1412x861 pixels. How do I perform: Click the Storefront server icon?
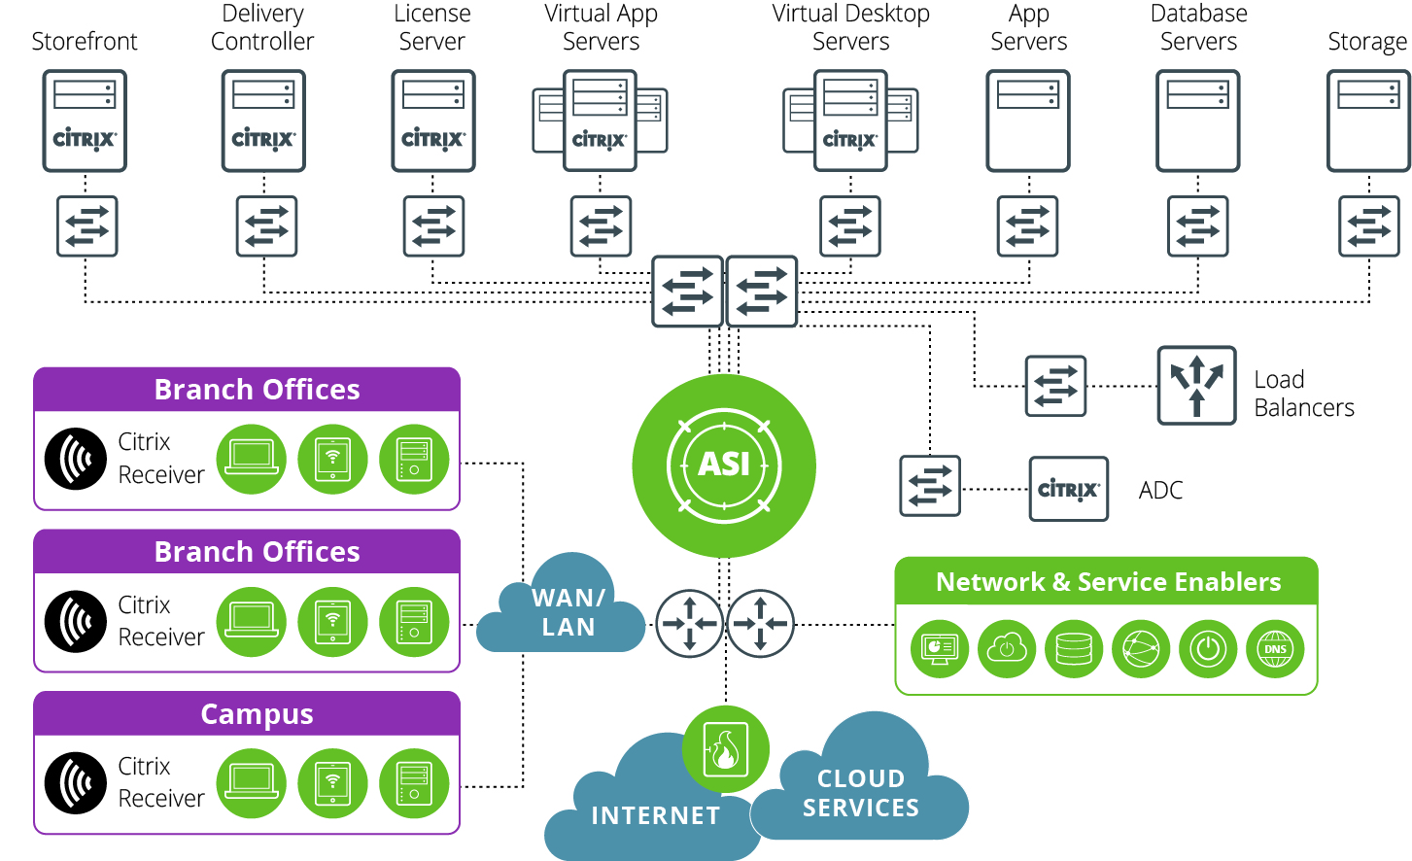click(x=85, y=121)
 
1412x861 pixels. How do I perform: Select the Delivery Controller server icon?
click(x=263, y=121)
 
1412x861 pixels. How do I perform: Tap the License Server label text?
click(x=431, y=27)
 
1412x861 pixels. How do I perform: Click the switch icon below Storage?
click(x=1368, y=226)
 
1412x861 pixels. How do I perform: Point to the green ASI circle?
click(x=724, y=465)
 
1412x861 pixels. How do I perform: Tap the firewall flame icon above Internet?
click(x=725, y=749)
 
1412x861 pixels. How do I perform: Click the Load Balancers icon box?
click(x=1196, y=386)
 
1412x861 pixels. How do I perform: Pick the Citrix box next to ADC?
click(x=1068, y=489)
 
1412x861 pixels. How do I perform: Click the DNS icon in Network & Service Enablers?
click(x=1275, y=649)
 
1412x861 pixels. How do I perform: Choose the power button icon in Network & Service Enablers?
click(x=1208, y=649)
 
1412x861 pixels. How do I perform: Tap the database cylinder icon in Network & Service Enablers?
click(x=1074, y=649)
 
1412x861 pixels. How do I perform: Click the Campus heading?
click(x=257, y=714)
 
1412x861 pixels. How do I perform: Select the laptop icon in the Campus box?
click(x=252, y=783)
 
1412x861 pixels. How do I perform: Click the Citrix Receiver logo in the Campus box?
click(x=76, y=783)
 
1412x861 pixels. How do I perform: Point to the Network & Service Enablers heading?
click(x=1108, y=582)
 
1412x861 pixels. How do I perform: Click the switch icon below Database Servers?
click(x=1197, y=226)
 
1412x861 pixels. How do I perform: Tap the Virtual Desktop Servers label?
click(x=850, y=27)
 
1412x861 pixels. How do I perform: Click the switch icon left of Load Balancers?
click(x=1055, y=386)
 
